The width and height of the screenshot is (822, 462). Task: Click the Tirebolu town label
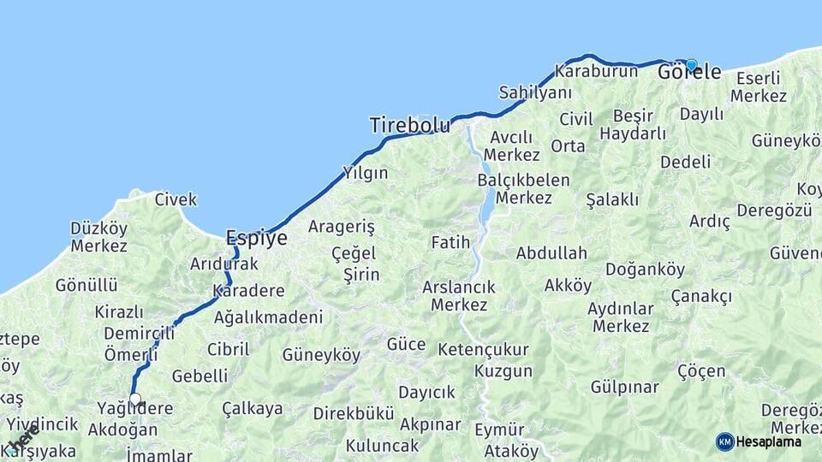pyautogui.click(x=408, y=125)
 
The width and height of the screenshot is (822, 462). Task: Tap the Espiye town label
pyautogui.click(x=256, y=237)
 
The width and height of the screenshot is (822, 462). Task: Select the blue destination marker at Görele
pyautogui.click(x=691, y=65)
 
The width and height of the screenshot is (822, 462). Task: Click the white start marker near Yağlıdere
pyautogui.click(x=134, y=400)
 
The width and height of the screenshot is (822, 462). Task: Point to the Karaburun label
pyautogui.click(x=596, y=71)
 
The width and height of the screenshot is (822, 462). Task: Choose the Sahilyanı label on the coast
pyautogui.click(x=535, y=92)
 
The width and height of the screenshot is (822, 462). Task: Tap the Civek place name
pyautogui.click(x=176, y=199)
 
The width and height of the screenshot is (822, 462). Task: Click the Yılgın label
pyautogui.click(x=365, y=173)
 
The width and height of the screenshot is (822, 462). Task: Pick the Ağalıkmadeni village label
pyautogui.click(x=268, y=317)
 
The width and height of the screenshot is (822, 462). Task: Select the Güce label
pyautogui.click(x=406, y=344)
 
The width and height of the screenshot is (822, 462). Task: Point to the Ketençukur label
pyautogui.click(x=483, y=350)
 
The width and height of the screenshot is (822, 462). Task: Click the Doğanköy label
pyautogui.click(x=645, y=269)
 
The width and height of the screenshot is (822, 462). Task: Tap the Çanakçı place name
pyautogui.click(x=701, y=296)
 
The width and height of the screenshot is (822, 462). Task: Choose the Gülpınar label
pyautogui.click(x=625, y=387)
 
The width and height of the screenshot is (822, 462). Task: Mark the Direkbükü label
pyautogui.click(x=353, y=413)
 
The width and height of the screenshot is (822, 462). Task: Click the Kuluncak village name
pyautogui.click(x=382, y=446)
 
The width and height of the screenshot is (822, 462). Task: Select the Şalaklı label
pyautogui.click(x=612, y=199)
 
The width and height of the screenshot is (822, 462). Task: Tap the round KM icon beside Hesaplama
pyautogui.click(x=724, y=441)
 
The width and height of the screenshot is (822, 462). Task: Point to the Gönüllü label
pyautogui.click(x=86, y=285)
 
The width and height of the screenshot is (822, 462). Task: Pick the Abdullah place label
pyautogui.click(x=551, y=252)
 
